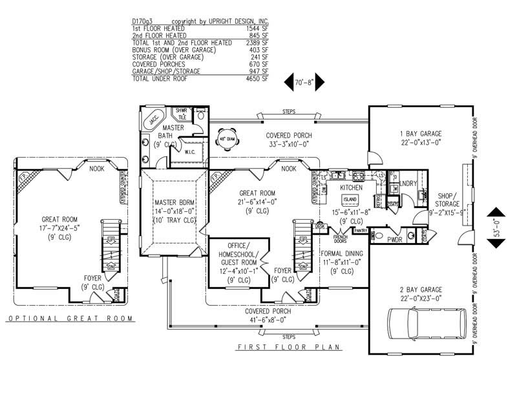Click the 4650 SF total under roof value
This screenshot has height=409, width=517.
point(257,78)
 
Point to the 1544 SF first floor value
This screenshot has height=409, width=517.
point(257,29)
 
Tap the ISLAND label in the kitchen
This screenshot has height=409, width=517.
point(350,199)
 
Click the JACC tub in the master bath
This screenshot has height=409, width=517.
point(154,120)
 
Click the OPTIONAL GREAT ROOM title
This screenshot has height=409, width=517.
point(69,319)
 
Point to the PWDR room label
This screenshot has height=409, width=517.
point(394,238)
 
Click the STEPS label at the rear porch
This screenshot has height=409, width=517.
point(288,112)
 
